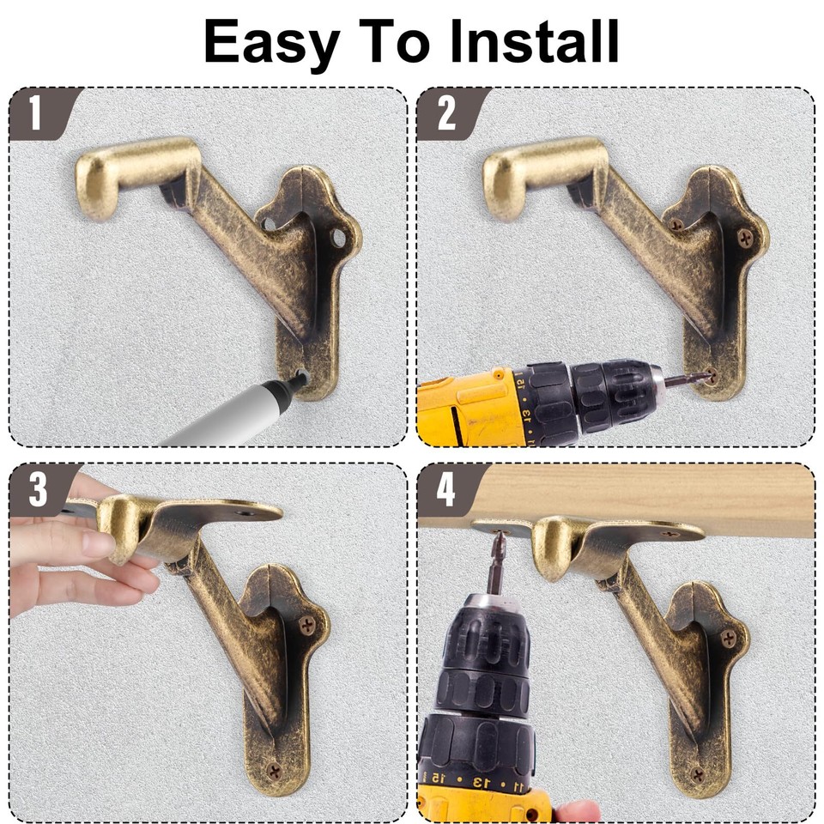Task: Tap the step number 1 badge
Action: (35, 113)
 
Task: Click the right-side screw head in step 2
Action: (743, 233)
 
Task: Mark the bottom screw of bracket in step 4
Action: (697, 773)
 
